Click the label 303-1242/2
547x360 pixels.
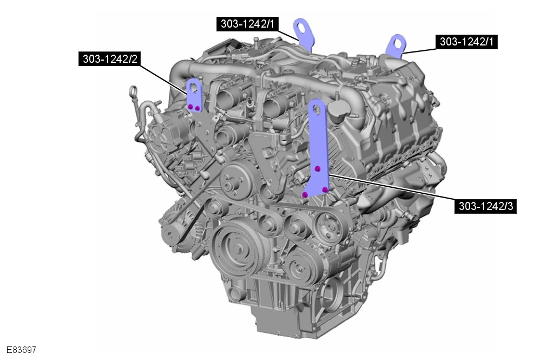109,58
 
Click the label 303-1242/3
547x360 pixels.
486,206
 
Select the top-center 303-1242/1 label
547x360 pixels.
247,24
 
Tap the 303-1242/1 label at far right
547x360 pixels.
466,42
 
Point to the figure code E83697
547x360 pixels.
21,350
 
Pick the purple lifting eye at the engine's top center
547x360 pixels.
304,33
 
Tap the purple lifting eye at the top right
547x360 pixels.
397,45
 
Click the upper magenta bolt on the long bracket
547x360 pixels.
317,169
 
